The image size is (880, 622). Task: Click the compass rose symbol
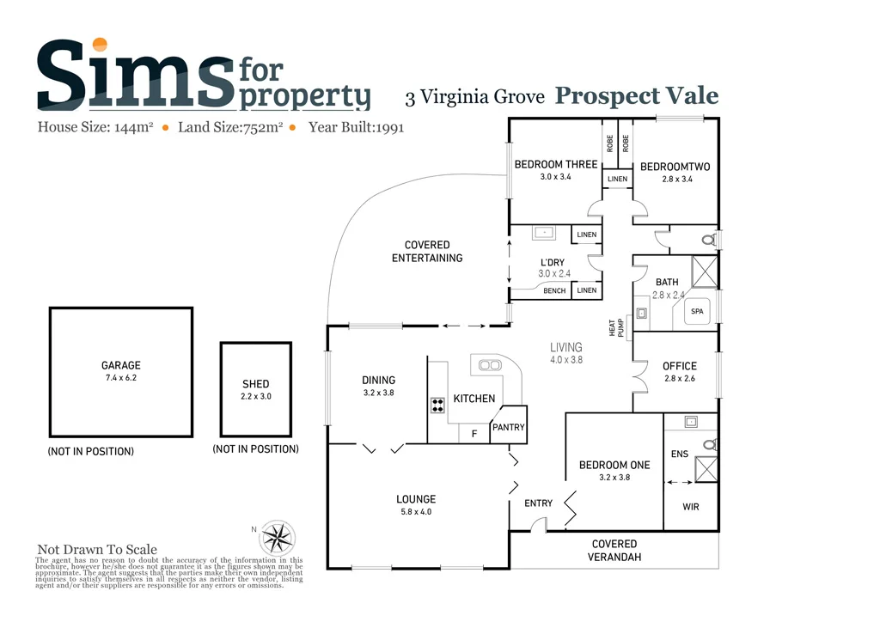(x=276, y=538)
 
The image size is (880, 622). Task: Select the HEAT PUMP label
(x=614, y=327)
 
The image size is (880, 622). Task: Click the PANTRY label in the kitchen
(x=507, y=427)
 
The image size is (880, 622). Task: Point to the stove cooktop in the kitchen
(x=437, y=406)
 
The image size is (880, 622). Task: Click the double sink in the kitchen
(x=490, y=365)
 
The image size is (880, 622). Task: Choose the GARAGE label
(x=120, y=365)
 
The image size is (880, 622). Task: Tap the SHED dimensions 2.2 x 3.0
(x=255, y=397)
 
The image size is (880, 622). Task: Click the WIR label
(x=690, y=507)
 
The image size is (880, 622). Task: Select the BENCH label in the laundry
(x=554, y=290)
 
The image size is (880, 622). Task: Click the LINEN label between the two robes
(x=617, y=179)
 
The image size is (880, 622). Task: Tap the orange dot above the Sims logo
(x=100, y=45)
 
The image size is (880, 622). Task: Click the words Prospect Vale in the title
(x=636, y=95)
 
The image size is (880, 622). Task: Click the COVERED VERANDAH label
(x=614, y=550)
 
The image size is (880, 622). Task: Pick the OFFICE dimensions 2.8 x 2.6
(x=679, y=378)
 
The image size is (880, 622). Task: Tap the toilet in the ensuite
(x=709, y=445)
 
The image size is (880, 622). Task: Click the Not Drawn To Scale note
(x=97, y=550)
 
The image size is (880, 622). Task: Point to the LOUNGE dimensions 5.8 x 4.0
(x=415, y=512)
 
